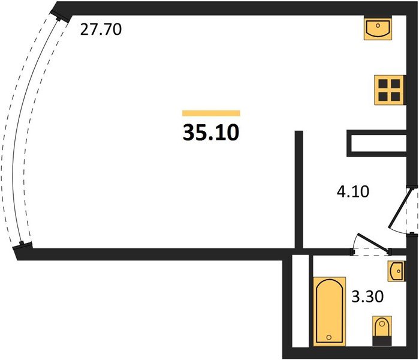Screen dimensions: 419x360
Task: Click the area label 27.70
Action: (x=101, y=29)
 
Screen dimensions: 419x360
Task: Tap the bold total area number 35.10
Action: (x=211, y=133)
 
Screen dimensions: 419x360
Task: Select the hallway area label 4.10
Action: (x=353, y=191)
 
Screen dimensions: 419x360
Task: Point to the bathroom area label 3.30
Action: (x=367, y=296)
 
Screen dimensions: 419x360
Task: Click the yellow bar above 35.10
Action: (x=211, y=113)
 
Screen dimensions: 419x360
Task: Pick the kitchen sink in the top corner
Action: (x=378, y=28)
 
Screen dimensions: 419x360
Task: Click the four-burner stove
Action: (x=390, y=90)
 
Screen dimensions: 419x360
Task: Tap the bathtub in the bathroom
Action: (x=329, y=311)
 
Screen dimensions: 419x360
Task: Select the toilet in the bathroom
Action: (x=382, y=331)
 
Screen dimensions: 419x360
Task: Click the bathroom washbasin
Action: (x=397, y=271)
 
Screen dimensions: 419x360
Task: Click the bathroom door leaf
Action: (x=372, y=243)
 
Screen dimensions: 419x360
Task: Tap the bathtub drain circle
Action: (x=329, y=338)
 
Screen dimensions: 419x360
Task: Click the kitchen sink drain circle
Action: (x=378, y=25)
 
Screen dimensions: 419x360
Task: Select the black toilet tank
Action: (x=382, y=341)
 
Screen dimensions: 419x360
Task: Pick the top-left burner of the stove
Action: (x=383, y=84)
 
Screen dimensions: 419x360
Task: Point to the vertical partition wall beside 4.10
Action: (x=299, y=190)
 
